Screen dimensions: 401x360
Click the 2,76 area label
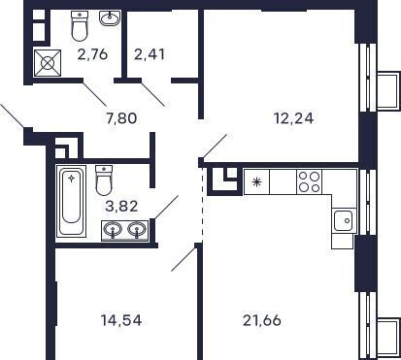tap(92, 54)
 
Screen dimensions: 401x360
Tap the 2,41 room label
tap(150, 54)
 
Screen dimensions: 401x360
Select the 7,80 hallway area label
tap(121, 118)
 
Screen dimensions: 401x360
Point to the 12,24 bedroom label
tap(293, 118)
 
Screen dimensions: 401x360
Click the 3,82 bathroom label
tap(122, 206)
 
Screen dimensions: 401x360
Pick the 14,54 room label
tap(121, 320)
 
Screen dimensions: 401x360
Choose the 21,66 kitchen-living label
tap(262, 320)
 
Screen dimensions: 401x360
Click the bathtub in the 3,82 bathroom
tap(71, 201)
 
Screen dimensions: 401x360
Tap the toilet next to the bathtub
tap(104, 180)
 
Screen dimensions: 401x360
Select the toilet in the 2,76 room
tap(80, 25)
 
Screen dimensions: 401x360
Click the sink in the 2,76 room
tap(110, 17)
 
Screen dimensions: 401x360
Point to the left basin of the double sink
tap(113, 230)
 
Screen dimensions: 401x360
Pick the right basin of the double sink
tap(137, 230)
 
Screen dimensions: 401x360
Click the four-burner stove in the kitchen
tap(309, 181)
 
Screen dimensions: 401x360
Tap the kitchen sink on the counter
tap(344, 220)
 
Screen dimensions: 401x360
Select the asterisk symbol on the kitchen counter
tap(256, 182)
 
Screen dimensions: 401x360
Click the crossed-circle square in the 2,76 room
tap(48, 63)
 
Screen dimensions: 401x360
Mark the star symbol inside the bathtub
tap(71, 178)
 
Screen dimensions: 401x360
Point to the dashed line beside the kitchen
tap(202, 204)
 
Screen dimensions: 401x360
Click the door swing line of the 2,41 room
tap(153, 93)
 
